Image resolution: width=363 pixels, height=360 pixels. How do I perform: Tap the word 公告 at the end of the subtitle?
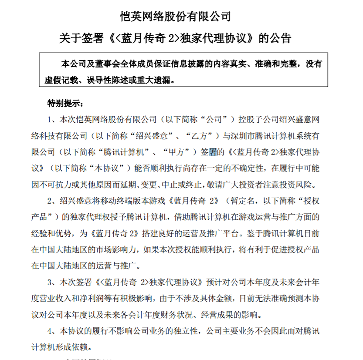(x=280, y=38)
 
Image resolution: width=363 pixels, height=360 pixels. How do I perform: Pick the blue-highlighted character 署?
(x=213, y=152)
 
